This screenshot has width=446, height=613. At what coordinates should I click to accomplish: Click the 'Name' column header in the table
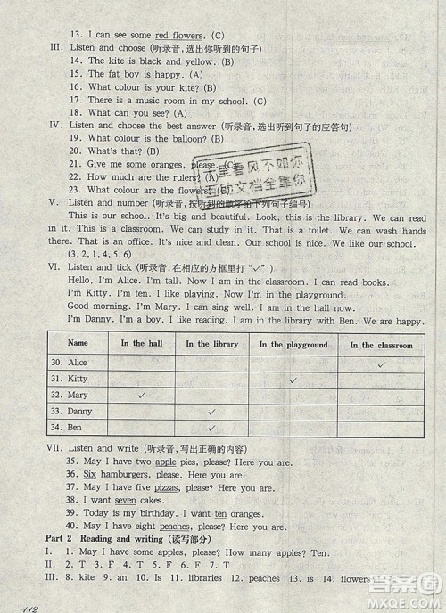pyautogui.click(x=78, y=343)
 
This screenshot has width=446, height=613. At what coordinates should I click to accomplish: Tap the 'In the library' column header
pyautogui.click(x=211, y=344)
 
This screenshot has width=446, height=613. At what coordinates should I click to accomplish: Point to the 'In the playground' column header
pyautogui.click(x=293, y=345)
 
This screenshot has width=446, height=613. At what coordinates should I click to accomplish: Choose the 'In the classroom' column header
pyautogui.click(x=381, y=345)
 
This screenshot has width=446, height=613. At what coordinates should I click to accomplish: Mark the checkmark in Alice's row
pyautogui.click(x=381, y=364)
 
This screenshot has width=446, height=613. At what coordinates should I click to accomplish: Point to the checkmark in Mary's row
pyautogui.click(x=140, y=396)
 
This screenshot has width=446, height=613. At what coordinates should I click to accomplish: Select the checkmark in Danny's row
pyautogui.click(x=211, y=412)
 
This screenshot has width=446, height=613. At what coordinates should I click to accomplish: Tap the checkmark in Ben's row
pyautogui.click(x=211, y=429)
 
